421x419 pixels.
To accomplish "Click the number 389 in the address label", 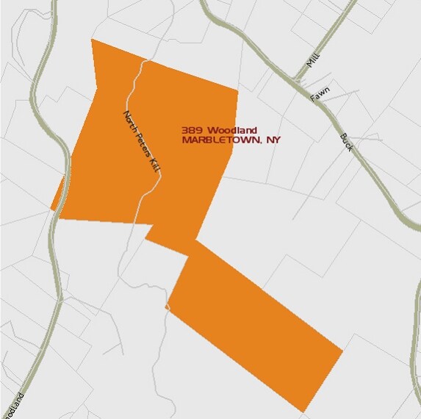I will (192, 131).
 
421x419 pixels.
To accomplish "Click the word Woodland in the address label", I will (232, 131).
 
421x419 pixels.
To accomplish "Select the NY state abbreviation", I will (273, 140).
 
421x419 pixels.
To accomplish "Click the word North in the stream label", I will (131, 121).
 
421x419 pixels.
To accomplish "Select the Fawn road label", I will (320, 96).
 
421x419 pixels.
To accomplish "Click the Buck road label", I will (347, 142).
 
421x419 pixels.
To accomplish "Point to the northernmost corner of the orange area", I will (92, 39).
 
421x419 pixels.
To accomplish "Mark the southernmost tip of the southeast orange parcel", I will (303, 412).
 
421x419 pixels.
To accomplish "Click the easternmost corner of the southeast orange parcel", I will (342, 351).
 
